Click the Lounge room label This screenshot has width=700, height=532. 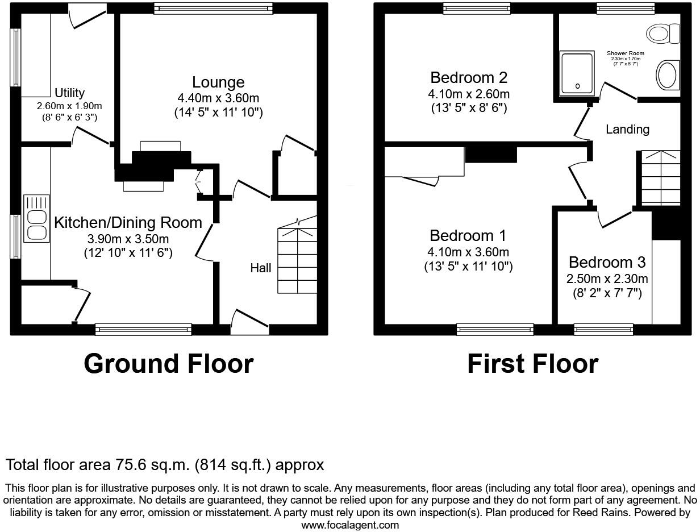click(218, 82)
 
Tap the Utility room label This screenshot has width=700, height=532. click(69, 93)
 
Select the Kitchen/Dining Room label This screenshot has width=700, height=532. click(128, 223)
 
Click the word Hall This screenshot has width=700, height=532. click(261, 268)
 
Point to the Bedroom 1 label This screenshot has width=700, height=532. click(468, 235)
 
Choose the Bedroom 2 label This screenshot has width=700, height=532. click(468, 77)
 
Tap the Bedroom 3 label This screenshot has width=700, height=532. click(607, 263)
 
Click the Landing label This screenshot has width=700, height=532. click(627, 130)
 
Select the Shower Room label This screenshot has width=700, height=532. click(625, 53)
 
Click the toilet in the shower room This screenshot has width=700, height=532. click(663, 34)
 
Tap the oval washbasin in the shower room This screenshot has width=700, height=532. click(668, 75)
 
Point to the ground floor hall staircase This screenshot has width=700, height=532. click(297, 261)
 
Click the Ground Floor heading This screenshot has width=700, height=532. click(168, 364)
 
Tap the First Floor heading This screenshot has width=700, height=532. click(532, 364)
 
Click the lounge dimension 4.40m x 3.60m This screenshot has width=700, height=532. click(218, 98)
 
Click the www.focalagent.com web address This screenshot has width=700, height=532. click(350, 525)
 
